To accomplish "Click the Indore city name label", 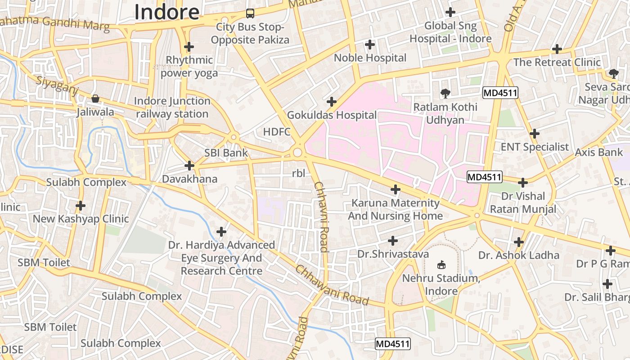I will click(x=167, y=12).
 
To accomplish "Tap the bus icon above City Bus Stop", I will click(x=250, y=13).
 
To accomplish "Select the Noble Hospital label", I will click(x=370, y=58).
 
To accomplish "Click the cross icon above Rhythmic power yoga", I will click(x=189, y=46).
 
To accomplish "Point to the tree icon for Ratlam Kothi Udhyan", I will click(x=445, y=93).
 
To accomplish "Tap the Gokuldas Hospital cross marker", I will click(x=332, y=102).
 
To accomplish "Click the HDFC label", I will click(x=277, y=132).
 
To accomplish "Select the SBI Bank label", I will click(x=226, y=153).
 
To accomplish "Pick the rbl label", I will click(x=298, y=173).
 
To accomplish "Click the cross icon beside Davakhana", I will click(x=189, y=166).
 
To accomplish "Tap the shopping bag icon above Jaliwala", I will click(x=95, y=98).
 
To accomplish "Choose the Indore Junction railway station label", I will click(x=172, y=108).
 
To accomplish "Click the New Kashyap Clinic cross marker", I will click(x=81, y=206).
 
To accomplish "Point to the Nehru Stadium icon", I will click(x=441, y=265).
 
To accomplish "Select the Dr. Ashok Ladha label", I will click(x=519, y=255).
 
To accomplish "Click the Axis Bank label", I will click(x=599, y=152).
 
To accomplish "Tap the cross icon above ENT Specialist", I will click(x=535, y=134).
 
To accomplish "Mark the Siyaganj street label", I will click(x=57, y=85).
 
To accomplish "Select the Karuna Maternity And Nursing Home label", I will click(x=395, y=209).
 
